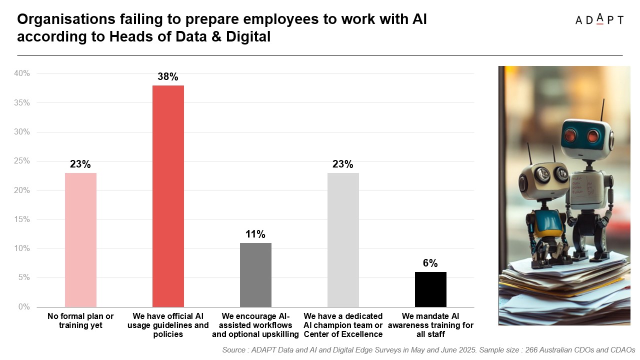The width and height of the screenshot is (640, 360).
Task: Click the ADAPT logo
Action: tap(599, 19)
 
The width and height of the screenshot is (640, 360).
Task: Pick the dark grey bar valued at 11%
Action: tap(255, 275)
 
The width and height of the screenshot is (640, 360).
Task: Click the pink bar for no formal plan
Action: tap(80, 239)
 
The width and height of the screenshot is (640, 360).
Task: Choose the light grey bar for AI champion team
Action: tap(343, 239)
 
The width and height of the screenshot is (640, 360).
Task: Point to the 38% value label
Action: tap(168, 77)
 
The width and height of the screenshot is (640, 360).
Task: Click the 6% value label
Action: tap(430, 263)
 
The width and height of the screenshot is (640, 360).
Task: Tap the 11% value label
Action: tap(255, 234)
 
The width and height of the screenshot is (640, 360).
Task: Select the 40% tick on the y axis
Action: tap(22, 73)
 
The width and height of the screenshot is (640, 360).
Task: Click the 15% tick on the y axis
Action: tap(22, 219)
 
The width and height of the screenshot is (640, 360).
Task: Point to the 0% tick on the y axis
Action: tap(23, 307)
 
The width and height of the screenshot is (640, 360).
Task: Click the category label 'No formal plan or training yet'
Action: tap(80, 320)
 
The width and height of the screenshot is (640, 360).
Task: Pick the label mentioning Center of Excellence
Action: tap(343, 325)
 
